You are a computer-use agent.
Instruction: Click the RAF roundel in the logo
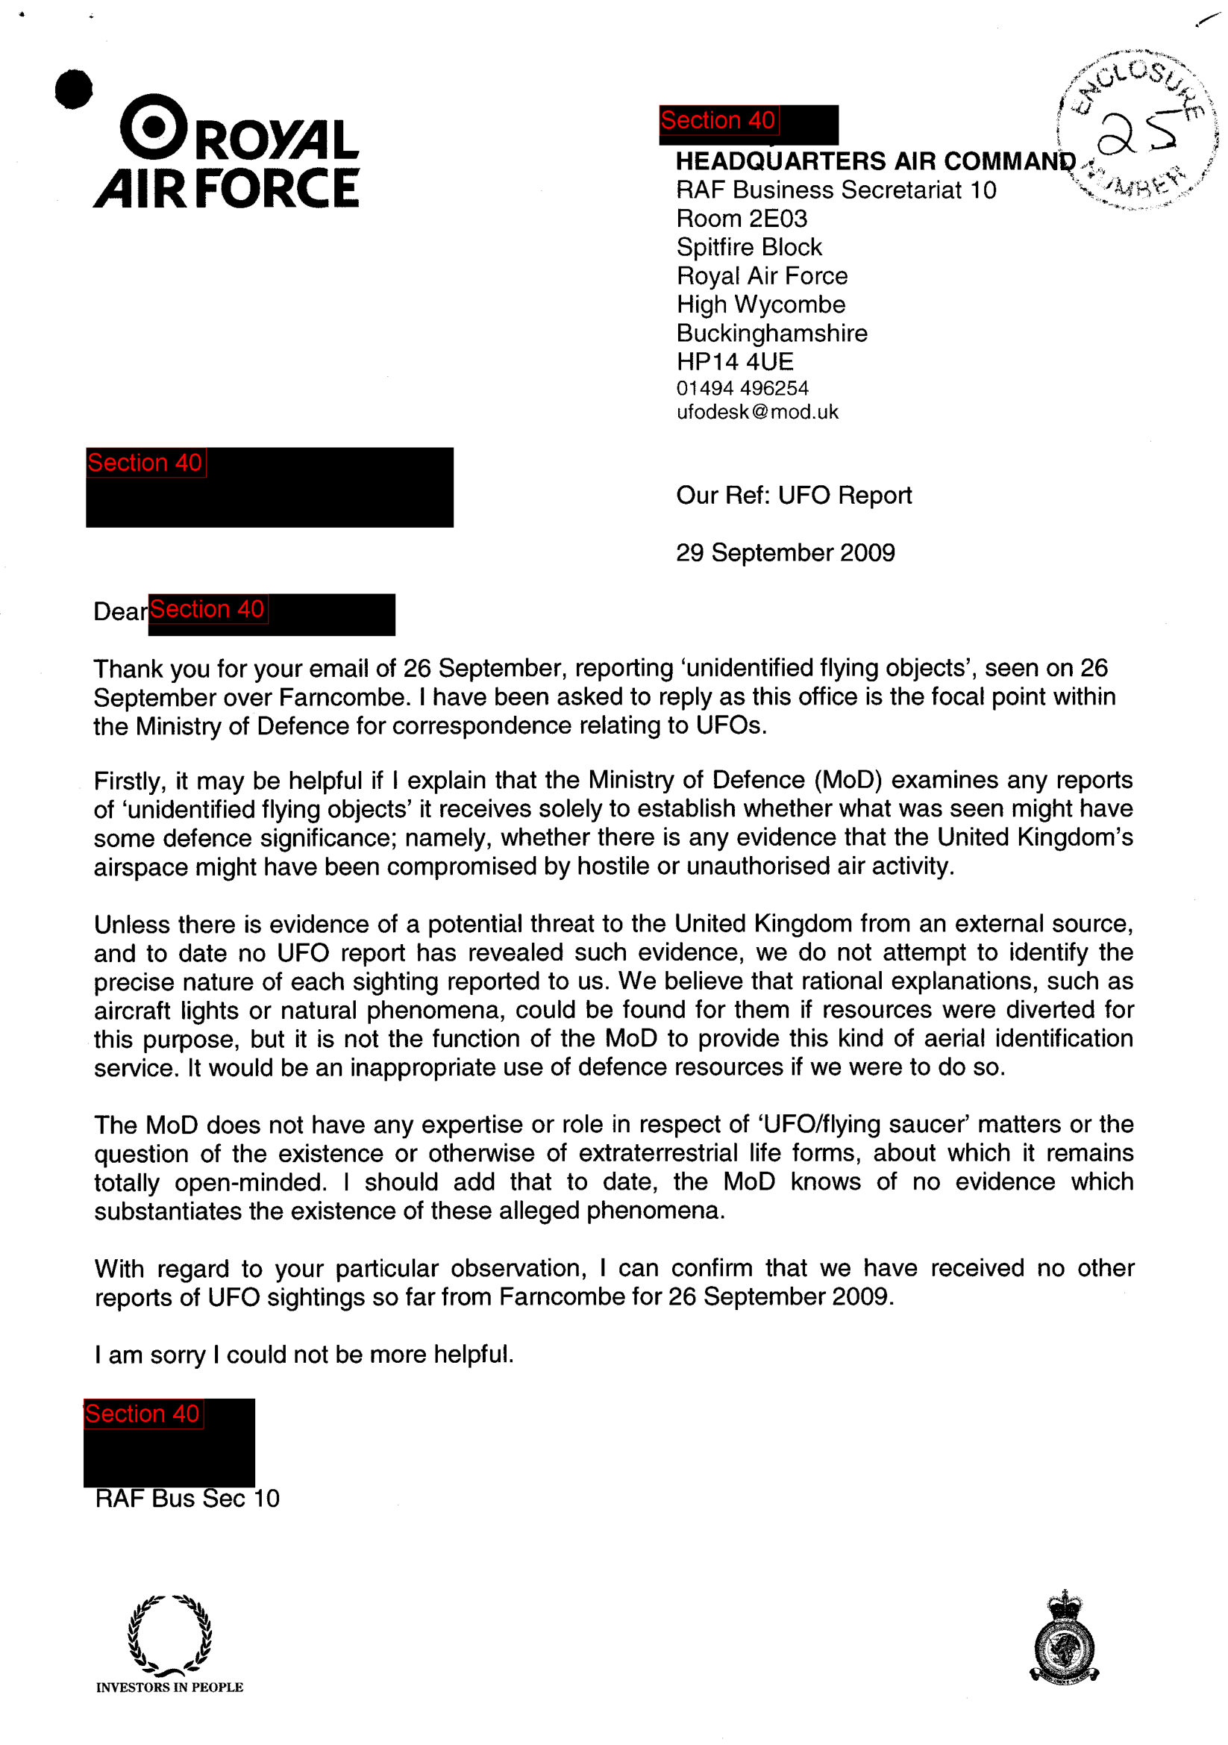(154, 127)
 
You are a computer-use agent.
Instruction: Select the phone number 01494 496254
(742, 388)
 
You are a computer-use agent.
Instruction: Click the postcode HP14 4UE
(734, 362)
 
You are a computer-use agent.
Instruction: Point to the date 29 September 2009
(785, 552)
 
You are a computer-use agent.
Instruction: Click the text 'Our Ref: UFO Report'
(793, 496)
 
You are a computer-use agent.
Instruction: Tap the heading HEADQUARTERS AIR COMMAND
(875, 161)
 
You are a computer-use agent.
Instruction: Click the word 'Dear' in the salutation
(120, 612)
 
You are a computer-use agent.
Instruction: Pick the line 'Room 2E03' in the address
(742, 219)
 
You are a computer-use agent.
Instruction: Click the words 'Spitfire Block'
(748, 247)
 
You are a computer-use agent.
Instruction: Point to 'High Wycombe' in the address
(761, 305)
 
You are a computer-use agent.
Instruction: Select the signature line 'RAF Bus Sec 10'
(187, 1499)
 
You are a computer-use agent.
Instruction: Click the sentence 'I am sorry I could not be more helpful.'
(304, 1355)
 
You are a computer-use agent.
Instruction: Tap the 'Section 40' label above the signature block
(142, 1414)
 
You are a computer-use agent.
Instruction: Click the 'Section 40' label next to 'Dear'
(207, 609)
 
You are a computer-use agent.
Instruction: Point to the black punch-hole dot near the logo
(74, 89)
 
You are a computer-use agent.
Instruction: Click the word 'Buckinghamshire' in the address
(771, 334)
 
